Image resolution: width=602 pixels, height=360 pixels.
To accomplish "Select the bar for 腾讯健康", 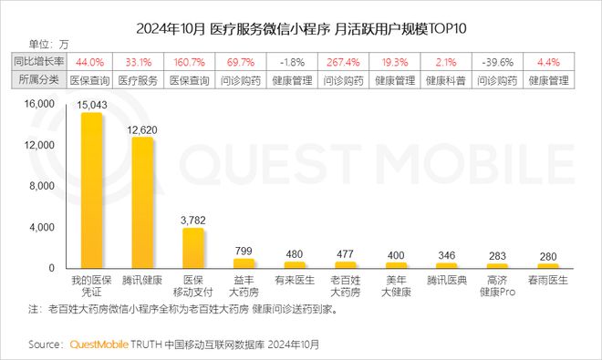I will [142, 203].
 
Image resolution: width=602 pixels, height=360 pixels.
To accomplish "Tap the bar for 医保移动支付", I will [192, 248].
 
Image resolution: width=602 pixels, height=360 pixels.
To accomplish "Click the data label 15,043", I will [91, 107].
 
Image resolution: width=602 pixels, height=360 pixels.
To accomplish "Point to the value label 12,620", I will [142, 130].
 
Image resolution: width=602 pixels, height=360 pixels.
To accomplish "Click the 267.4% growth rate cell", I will [345, 62].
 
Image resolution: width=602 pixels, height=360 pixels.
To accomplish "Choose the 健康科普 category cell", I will [446, 79].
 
